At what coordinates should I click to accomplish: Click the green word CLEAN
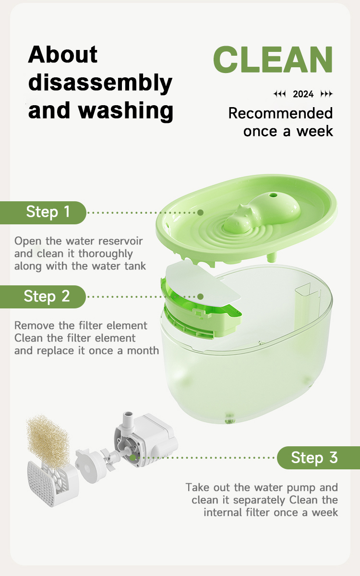(x=273, y=60)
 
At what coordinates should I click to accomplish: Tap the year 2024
(x=303, y=95)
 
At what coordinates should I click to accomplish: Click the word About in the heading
(x=63, y=55)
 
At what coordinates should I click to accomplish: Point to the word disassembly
(x=100, y=83)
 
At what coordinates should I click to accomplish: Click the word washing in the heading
(x=126, y=110)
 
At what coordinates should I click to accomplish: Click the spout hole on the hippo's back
(x=273, y=195)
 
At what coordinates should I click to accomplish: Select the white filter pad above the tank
(x=203, y=283)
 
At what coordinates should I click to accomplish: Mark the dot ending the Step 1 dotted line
(x=200, y=213)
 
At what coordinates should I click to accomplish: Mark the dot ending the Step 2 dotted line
(x=200, y=296)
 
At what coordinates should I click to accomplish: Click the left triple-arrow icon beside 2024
(x=280, y=95)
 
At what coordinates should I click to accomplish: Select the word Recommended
(x=280, y=113)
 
